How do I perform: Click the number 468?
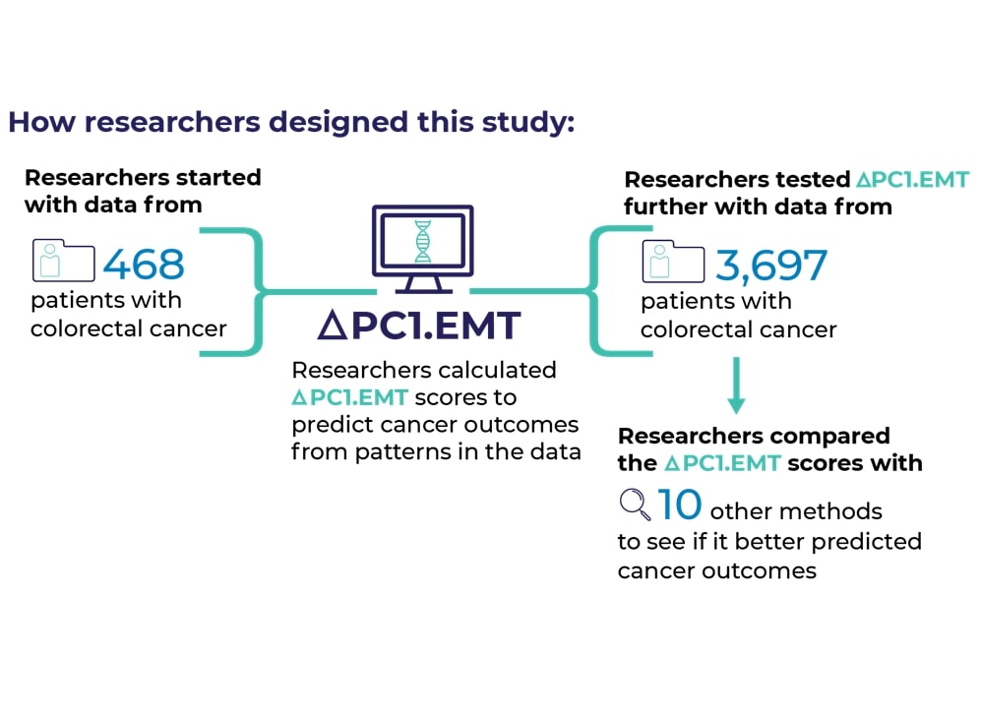pos(144,264)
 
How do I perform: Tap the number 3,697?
pos(771,266)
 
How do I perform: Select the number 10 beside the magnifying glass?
pos(680,504)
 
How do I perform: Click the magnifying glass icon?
pos(635,504)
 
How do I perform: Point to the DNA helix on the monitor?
pos(423,241)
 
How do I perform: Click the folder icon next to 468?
pos(63,261)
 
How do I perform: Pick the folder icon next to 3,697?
pos(673,262)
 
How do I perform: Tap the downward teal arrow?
pos(736,386)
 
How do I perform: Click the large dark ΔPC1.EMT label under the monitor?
pos(419,326)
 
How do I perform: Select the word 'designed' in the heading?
pos(338,123)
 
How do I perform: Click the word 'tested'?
pos(813,180)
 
